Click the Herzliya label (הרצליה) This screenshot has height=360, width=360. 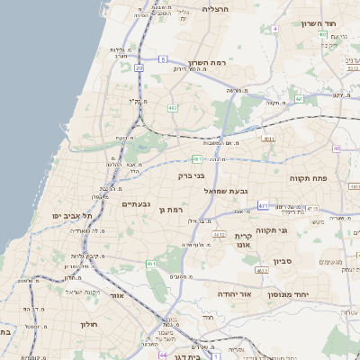tap(217, 8)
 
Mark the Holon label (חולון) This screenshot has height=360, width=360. tap(88, 323)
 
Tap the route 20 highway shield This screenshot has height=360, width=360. tap(139, 67)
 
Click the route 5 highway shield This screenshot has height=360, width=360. tap(163, 58)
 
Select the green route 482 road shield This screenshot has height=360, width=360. tap(172, 108)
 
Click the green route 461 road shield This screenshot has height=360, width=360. tap(150, 264)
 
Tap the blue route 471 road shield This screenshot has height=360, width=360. tap(263, 206)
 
